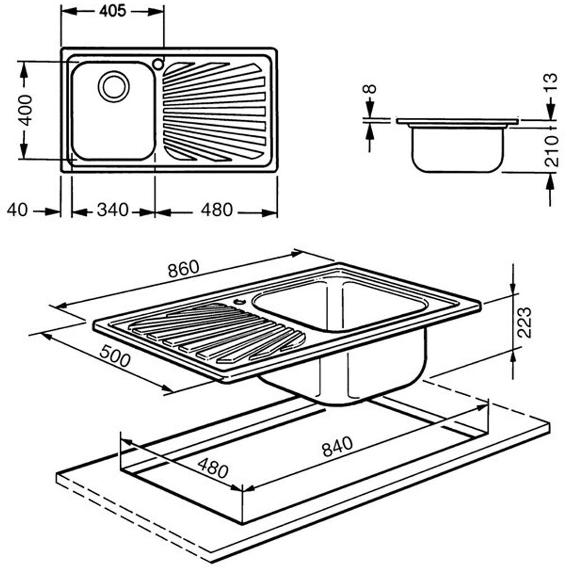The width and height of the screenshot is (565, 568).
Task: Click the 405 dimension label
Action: (x=112, y=11)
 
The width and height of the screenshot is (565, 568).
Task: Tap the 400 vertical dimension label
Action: (x=25, y=111)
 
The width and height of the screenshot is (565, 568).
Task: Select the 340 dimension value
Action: (x=113, y=210)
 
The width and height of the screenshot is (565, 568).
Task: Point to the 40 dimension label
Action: (x=17, y=210)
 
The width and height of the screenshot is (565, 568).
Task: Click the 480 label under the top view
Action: (x=217, y=210)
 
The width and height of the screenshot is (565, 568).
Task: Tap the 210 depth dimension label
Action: (x=551, y=152)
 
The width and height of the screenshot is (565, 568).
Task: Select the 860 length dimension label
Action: (x=184, y=268)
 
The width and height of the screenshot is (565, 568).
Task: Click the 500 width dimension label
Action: (x=115, y=356)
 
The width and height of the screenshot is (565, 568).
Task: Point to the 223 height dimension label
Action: (x=524, y=323)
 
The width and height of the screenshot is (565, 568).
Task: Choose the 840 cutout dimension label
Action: (x=337, y=447)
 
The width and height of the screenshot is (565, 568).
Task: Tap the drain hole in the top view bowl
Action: (x=113, y=87)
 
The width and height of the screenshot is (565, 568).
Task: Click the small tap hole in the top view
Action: (x=158, y=64)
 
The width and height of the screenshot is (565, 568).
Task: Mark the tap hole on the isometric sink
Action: (x=239, y=301)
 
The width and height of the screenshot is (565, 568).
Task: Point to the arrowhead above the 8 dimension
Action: (x=370, y=108)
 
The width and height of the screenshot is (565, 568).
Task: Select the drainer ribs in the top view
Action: (x=214, y=111)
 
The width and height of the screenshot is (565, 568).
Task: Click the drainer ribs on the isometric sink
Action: (x=217, y=333)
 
